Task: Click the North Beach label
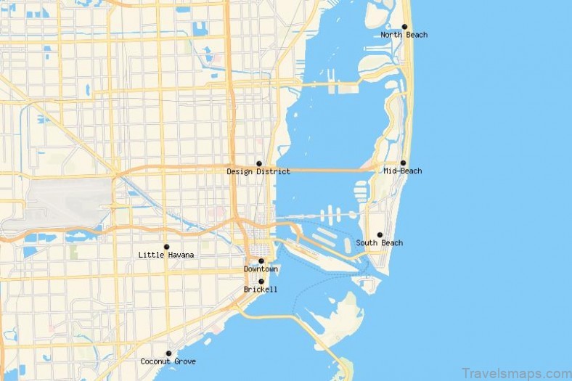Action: [404, 35]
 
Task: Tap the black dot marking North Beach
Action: [404, 27]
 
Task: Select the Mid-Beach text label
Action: [402, 171]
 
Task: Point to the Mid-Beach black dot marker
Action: [403, 163]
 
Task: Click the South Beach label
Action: [379, 243]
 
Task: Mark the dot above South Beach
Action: [379, 235]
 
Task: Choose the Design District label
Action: [258, 172]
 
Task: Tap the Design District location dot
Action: [258, 164]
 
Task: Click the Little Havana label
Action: [166, 255]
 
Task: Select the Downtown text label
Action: [261, 269]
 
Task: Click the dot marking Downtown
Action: [261, 261]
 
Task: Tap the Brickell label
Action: [261, 290]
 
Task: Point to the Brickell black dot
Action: [261, 282]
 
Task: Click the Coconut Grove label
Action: [168, 361]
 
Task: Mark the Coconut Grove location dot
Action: [168, 353]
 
